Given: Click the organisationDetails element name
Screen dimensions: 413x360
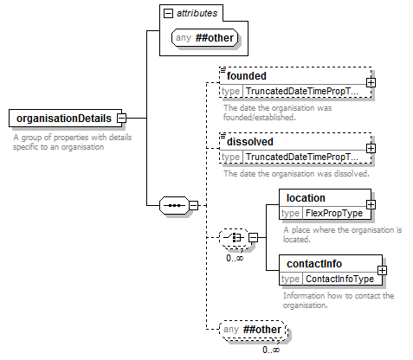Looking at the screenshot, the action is pos(64,119).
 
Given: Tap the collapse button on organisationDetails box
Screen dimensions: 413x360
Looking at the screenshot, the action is pos(122,118).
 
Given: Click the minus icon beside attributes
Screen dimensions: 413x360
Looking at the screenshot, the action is pos(168,13).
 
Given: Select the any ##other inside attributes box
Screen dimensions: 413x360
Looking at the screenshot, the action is pos(204,38).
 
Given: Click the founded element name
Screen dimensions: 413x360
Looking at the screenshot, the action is pos(247,76).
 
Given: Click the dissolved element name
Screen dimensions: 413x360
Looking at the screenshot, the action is pos(250,142).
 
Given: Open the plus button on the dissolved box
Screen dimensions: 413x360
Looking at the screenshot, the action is pos(371,148).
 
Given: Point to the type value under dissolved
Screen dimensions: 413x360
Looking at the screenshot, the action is pos(302,157).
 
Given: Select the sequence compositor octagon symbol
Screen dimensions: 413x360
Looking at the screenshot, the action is pos(175,205).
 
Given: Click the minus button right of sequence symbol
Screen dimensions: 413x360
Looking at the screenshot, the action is pos(193,205).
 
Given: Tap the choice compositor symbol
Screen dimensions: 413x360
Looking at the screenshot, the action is pos(234,237).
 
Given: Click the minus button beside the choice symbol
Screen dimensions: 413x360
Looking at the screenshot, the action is pos(253,237).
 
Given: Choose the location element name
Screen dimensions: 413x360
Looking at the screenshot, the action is pos(306,198).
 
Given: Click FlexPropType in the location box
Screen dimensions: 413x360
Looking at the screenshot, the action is pos(334,213).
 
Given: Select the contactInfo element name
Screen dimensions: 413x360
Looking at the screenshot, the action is pos(314,264).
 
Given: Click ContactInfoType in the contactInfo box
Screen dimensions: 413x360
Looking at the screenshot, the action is pos(339,279).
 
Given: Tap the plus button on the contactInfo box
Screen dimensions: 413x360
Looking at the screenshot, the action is pos(382,270).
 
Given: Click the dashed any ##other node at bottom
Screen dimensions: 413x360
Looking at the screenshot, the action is pos(253,329).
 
